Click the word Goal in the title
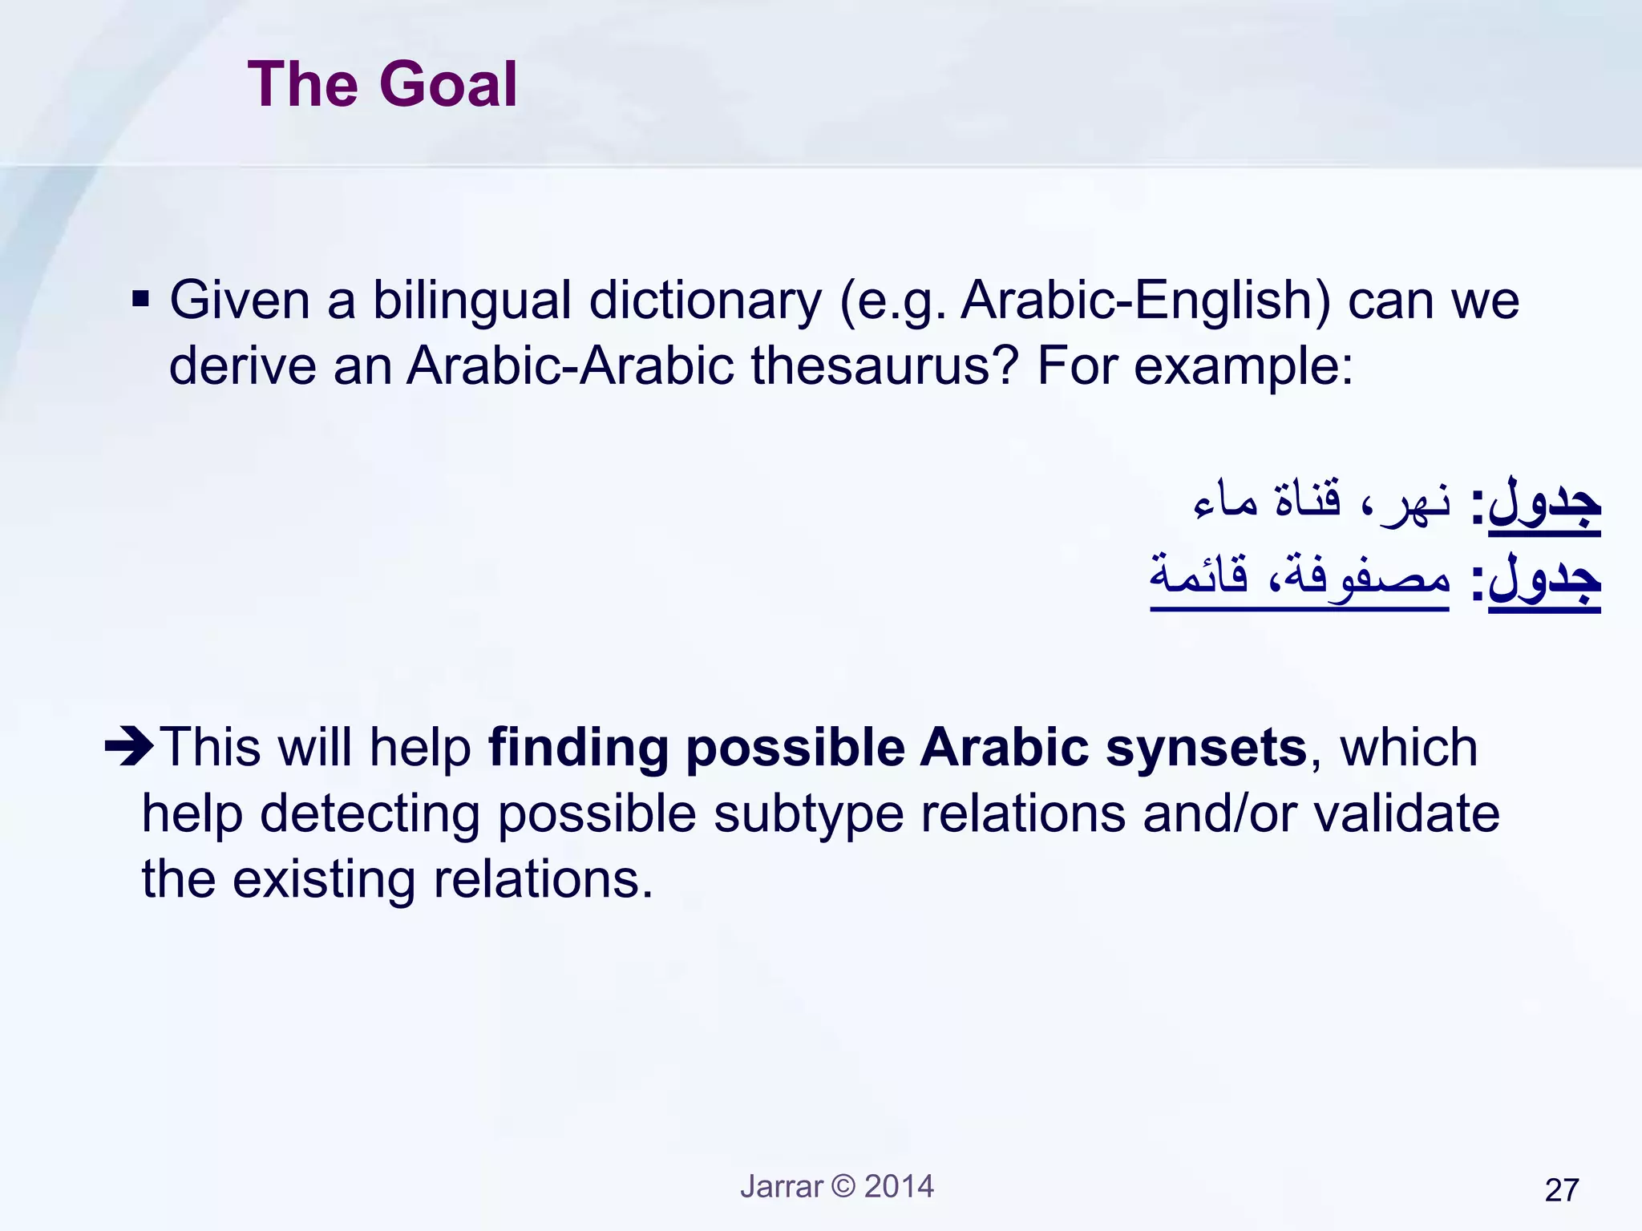click(x=448, y=85)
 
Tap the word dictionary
click(x=706, y=301)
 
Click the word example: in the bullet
click(x=1243, y=367)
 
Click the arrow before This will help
click(x=128, y=747)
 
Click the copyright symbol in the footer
click(x=843, y=1186)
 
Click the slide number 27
click(x=1561, y=1190)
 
